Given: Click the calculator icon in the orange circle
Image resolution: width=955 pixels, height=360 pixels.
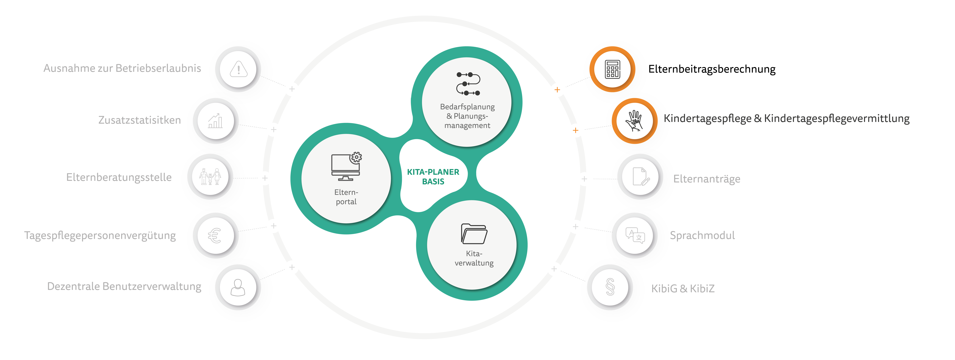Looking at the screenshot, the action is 612,69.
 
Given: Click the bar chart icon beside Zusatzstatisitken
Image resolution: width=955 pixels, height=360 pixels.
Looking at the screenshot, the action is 215,121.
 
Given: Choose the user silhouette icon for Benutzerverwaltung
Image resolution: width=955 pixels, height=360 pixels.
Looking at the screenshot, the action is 238,287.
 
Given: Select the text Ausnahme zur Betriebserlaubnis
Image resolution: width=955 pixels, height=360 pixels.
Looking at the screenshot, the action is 122,68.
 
